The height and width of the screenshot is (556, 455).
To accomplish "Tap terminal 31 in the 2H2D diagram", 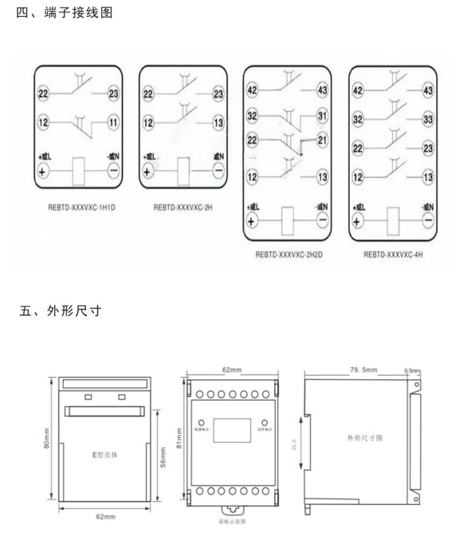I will coord(322,115).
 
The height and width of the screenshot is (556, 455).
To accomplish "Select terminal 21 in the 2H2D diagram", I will coord(322,141).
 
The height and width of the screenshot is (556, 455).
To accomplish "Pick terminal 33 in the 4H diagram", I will coord(428,120).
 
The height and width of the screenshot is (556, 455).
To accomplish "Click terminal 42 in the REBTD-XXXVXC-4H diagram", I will coord(358,90).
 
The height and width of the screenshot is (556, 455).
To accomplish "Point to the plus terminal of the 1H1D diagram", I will coord(43,171).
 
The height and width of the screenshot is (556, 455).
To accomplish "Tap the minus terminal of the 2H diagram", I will coord(218,171).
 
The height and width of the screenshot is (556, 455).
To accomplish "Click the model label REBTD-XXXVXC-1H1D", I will coord(81,207).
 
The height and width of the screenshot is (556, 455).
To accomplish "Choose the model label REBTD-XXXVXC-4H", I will coord(393,255).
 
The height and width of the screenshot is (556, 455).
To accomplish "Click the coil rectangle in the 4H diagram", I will coord(393,219).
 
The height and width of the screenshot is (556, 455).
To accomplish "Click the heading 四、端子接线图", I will coord(64,13).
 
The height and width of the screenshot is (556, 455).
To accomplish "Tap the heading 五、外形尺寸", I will coord(61,311).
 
